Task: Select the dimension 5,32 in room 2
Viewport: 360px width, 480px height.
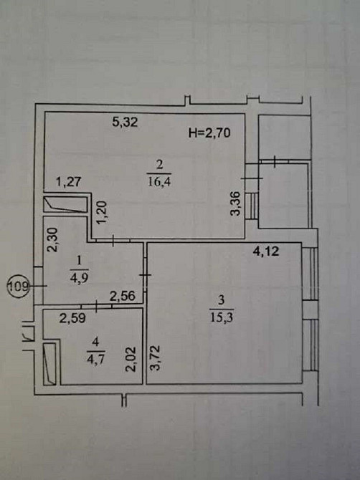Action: tap(125, 123)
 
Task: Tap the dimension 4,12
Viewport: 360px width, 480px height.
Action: tap(266, 251)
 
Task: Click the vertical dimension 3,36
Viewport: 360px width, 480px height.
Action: tap(235, 204)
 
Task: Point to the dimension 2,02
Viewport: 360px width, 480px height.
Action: tap(131, 357)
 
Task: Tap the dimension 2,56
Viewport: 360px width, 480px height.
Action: tap(123, 295)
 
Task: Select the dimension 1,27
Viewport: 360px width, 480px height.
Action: tap(70, 183)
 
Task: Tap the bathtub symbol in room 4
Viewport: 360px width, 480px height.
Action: tap(49, 363)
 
